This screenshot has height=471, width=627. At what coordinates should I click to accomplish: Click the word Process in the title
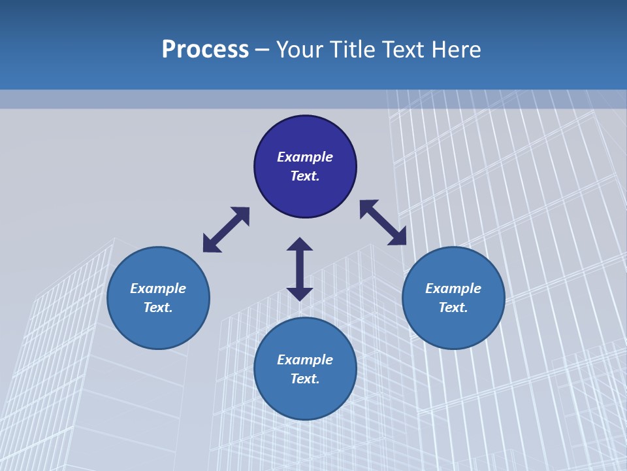click(x=205, y=50)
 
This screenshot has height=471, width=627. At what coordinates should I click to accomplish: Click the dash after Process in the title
click(x=263, y=50)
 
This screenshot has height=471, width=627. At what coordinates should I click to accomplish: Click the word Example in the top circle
click(x=305, y=157)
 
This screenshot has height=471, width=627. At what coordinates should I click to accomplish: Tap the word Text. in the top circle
click(x=305, y=176)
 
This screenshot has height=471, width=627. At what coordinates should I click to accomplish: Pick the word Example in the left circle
click(x=158, y=288)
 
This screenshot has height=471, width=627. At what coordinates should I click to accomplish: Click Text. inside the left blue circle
click(x=158, y=307)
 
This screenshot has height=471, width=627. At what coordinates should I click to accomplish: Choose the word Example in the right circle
click(x=453, y=288)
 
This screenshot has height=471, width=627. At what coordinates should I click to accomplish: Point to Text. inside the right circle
click(x=453, y=307)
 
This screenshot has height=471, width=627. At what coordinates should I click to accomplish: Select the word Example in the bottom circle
click(x=305, y=360)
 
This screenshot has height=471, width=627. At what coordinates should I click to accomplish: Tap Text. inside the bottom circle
click(x=305, y=379)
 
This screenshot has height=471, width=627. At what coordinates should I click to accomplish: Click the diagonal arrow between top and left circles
click(x=226, y=230)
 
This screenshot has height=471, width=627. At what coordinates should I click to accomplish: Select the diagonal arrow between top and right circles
click(x=383, y=222)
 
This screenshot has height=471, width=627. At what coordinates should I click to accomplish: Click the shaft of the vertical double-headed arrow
click(x=300, y=269)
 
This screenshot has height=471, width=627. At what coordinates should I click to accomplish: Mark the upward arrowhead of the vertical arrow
click(x=300, y=244)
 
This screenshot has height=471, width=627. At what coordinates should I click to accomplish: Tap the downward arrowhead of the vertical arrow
click(x=300, y=294)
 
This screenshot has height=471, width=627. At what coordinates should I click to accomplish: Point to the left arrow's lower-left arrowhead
click(x=210, y=245)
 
